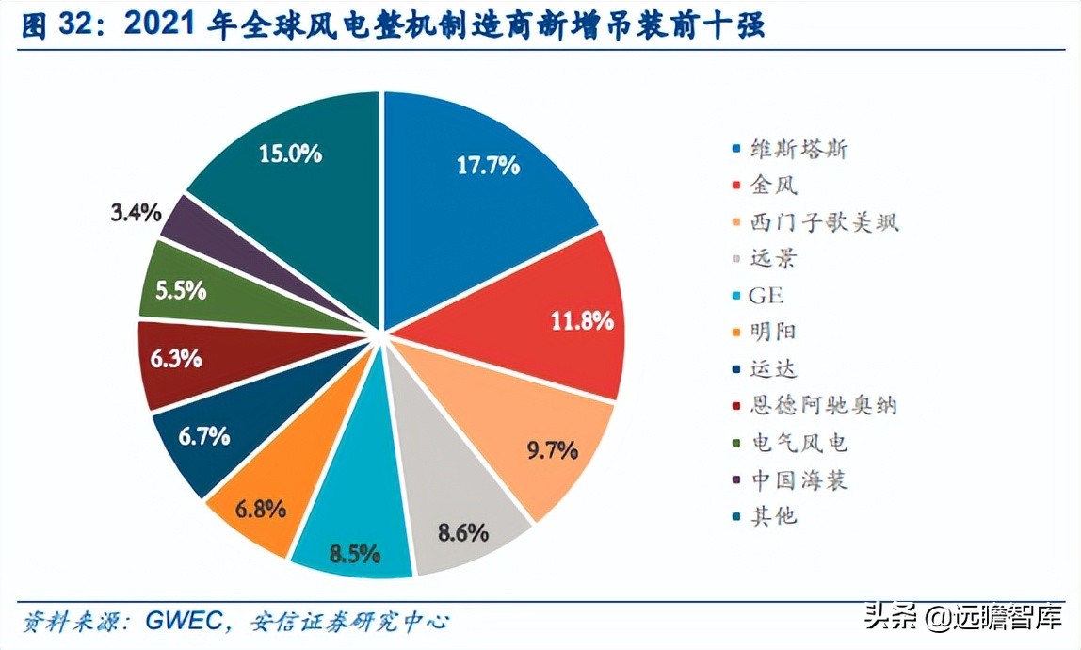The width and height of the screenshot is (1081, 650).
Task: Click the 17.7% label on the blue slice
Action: coord(488,166)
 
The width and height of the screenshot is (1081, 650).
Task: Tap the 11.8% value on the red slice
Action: coord(582,320)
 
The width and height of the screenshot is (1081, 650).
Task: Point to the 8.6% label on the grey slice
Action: coord(463,532)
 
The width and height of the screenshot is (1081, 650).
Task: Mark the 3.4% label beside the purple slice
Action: coord(134,212)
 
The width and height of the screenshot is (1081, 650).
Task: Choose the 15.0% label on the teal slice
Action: coord(291,153)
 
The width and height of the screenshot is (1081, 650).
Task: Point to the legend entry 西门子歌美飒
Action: coord(824,222)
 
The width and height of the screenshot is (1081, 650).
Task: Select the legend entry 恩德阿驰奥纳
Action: coord(823,406)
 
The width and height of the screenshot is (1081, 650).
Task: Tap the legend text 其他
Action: coord(774,516)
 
